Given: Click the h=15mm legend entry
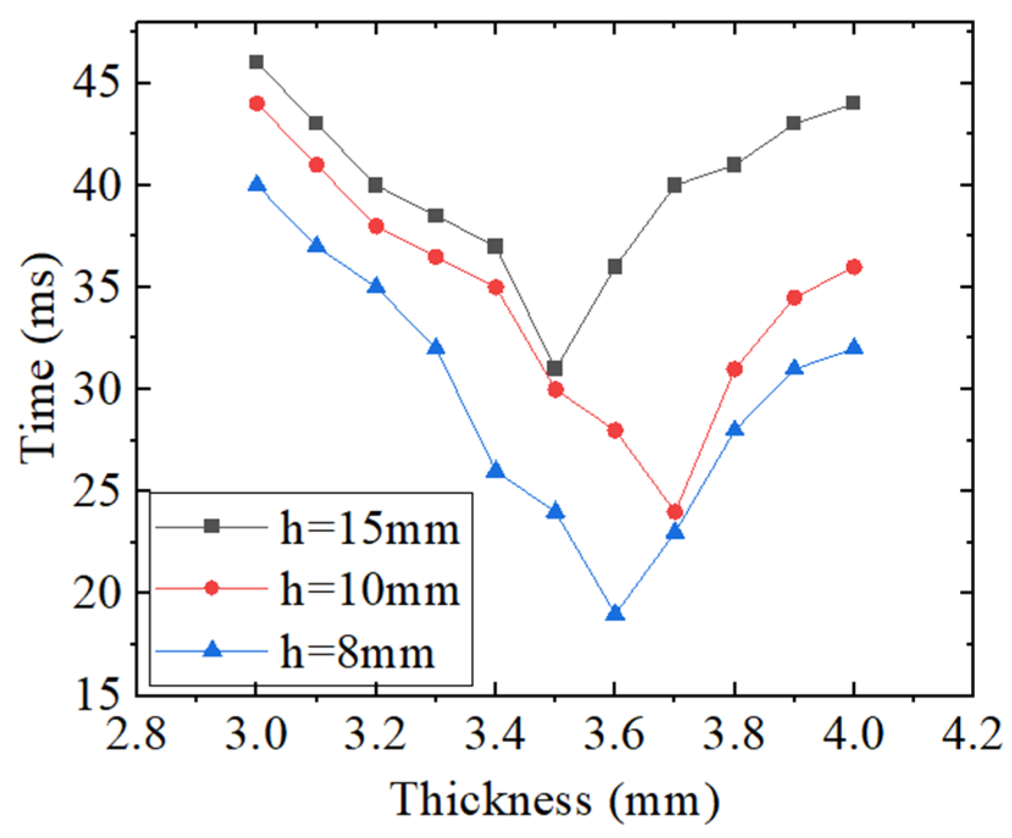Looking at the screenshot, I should (x=369, y=528).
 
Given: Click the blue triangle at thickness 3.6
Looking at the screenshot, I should (x=615, y=613).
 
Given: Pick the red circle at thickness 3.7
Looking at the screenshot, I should (x=675, y=512).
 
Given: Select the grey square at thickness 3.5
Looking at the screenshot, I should (x=555, y=368).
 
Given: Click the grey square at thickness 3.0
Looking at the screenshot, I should (x=256, y=62).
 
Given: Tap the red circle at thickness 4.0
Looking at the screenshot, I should (x=854, y=267).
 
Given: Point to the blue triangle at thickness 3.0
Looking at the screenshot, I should (x=257, y=184).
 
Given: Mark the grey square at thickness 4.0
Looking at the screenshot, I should (x=853, y=102).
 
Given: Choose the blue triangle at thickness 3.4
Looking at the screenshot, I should (x=496, y=470).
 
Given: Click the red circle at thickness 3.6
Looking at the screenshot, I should (x=615, y=430).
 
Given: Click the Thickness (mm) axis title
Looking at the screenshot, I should (x=554, y=799).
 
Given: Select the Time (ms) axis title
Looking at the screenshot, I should (x=40, y=359).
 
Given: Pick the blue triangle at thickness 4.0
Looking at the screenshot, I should (x=854, y=348).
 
